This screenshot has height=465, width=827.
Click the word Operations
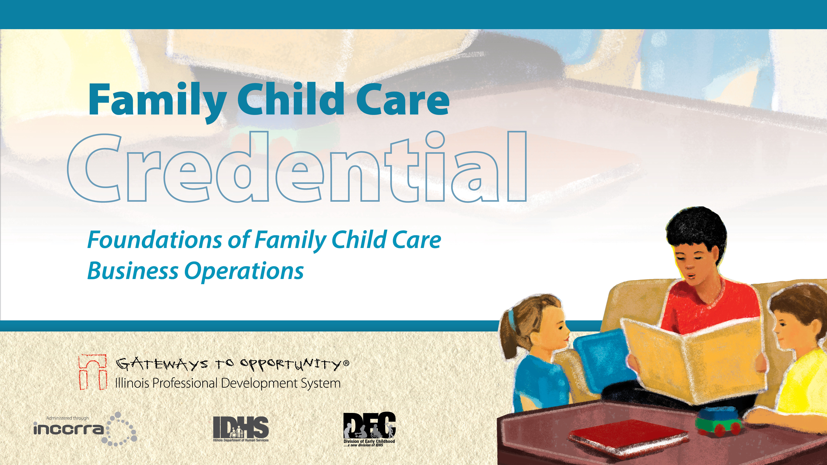pos(244,272)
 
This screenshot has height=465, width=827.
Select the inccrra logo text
pos(69,429)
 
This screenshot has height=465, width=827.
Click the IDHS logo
pos(241,429)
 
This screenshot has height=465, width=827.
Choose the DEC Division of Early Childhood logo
pos(369,429)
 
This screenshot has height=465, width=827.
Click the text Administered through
pos(67,418)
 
